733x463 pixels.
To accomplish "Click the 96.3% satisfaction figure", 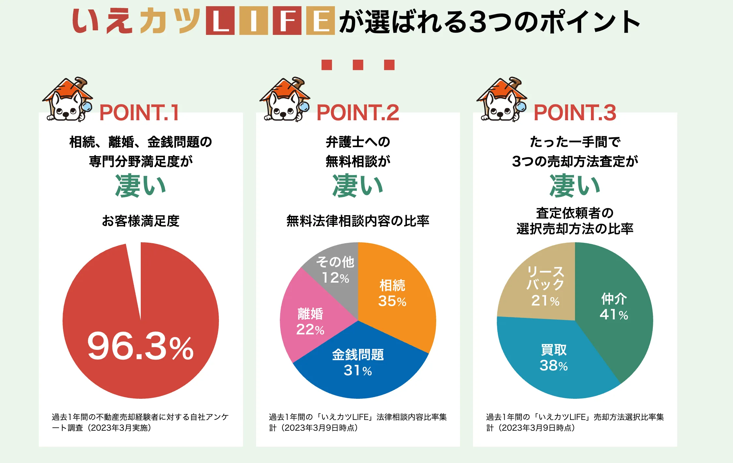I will (x=140, y=346).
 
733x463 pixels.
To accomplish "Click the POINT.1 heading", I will (x=139, y=113).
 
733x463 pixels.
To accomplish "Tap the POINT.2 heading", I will (x=358, y=113).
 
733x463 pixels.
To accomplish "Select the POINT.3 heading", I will (x=575, y=113).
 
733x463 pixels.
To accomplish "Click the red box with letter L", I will (x=220, y=21).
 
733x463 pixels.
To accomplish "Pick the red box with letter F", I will (x=287, y=21).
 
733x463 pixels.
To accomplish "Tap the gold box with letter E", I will (x=321, y=21).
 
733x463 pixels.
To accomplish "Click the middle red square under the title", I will (x=358, y=65).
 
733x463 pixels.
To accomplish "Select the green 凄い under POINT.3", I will (x=575, y=186).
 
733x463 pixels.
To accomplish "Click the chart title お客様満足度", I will (x=140, y=221).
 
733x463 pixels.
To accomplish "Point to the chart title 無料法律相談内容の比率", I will (x=358, y=221).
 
